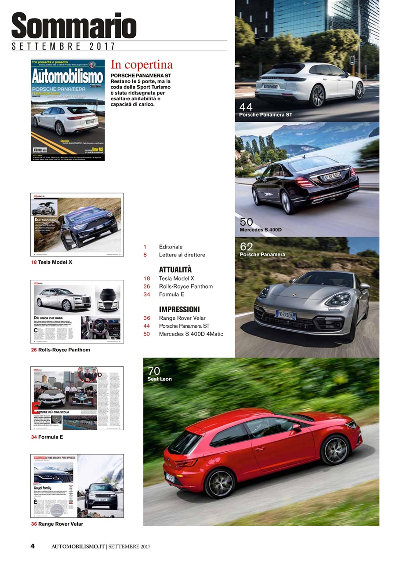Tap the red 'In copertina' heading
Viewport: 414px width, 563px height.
tap(142, 65)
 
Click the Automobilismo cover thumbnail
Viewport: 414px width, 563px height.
tap(68, 110)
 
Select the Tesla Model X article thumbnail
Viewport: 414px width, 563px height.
tap(77, 225)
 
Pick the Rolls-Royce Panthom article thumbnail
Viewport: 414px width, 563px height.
tap(77, 311)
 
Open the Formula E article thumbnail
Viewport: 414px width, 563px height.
tap(77, 398)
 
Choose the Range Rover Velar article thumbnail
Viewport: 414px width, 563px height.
tap(77, 486)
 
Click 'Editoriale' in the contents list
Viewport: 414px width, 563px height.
tap(171, 247)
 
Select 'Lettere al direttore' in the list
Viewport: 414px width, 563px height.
tap(182, 255)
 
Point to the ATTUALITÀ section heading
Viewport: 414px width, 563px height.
tap(175, 270)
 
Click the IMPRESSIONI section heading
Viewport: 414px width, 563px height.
tap(179, 309)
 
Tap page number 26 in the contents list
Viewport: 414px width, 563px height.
tap(147, 286)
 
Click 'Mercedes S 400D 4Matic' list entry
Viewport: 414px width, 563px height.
tap(191, 334)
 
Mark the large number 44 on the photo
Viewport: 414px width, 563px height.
tap(246, 107)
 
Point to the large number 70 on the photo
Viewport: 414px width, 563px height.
tap(154, 371)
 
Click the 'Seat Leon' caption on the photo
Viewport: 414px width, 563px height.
tap(160, 379)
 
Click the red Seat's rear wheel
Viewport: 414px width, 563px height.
tap(220, 483)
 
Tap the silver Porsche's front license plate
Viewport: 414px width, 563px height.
tap(286, 315)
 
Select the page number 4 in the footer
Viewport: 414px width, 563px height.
tap(33, 546)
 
